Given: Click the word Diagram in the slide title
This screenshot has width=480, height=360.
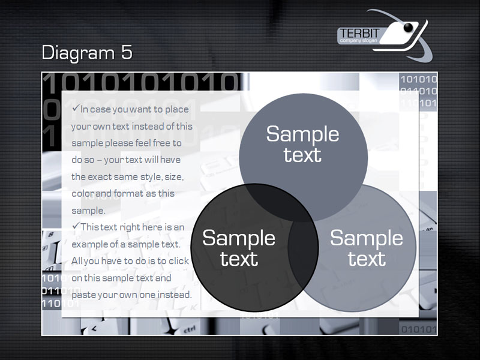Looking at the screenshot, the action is click(78, 53).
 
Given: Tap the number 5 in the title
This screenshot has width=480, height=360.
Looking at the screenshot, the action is click(127, 52).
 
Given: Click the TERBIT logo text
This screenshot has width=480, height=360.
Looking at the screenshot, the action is click(359, 34).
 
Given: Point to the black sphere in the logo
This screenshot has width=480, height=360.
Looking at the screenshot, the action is click(409, 28).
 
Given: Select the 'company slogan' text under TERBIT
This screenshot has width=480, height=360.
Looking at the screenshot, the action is click(358, 41).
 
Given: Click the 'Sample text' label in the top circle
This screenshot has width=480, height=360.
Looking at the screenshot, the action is click(302, 144).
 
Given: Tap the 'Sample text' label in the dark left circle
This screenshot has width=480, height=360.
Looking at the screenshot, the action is click(239, 248).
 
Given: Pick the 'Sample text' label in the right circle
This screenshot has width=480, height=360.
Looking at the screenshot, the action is click(367, 248).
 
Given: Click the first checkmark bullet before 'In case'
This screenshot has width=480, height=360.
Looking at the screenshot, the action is click(76, 108).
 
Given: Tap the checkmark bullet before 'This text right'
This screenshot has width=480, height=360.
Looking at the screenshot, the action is click(76, 226).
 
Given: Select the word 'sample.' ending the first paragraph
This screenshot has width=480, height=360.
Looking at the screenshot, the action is click(88, 211).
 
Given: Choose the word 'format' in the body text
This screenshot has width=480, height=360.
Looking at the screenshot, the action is click(128, 193).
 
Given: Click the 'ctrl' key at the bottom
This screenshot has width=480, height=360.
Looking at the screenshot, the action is click(190, 330).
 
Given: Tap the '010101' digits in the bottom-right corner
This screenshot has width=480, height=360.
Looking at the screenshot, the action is click(419, 329).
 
